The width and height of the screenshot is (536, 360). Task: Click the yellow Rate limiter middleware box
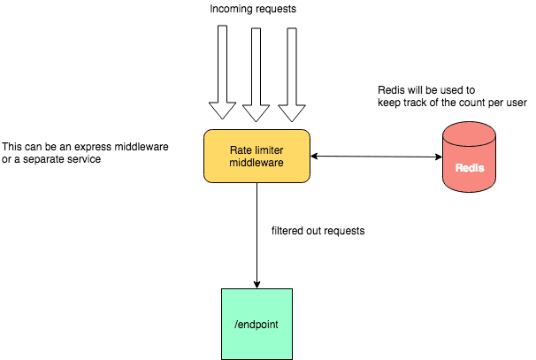pyautogui.click(x=257, y=157)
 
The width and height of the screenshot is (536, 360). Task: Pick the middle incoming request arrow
pyautogui.click(x=256, y=74)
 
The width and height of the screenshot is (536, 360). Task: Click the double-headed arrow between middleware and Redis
pyautogui.click(x=376, y=157)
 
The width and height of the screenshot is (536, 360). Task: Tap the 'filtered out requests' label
pyautogui.click(x=318, y=231)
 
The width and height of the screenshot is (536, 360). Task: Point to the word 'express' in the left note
pyautogui.click(x=87, y=145)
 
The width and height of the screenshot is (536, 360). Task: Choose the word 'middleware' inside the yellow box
pyautogui.click(x=257, y=164)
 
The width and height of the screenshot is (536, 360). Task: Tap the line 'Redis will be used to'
pyautogui.click(x=425, y=90)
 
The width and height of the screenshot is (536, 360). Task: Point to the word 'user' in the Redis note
pyautogui.click(x=516, y=103)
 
